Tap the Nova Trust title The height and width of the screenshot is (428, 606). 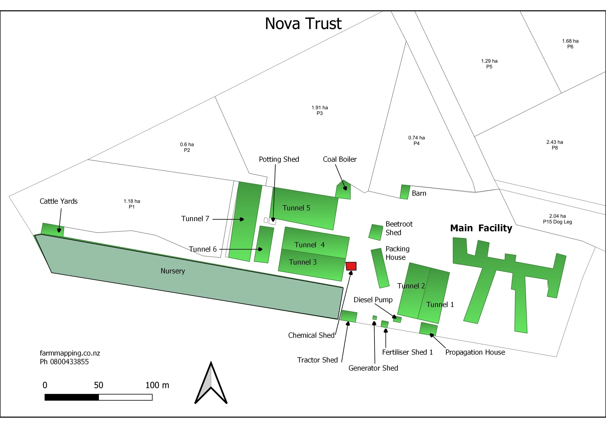pos(303,24)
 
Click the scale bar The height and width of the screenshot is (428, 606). pos(98,397)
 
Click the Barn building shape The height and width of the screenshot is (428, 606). pos(405,192)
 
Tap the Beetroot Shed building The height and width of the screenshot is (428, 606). pos(375,232)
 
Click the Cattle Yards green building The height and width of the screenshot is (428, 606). pos(52,229)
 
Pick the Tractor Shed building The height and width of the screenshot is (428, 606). pos(349,316)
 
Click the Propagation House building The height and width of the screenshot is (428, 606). pos(428,329)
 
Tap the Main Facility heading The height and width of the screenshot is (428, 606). pos(481,228)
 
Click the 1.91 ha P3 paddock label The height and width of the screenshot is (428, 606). pos(320,110)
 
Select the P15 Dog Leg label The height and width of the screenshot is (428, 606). pos(557,222)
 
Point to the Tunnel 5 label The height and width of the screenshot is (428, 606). pos(296,208)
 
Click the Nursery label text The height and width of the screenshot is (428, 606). pos(173,271)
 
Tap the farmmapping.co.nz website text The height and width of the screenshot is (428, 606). pos(70,353)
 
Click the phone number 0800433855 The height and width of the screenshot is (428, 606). pos(69,362)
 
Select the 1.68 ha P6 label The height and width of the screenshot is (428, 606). pos(570,44)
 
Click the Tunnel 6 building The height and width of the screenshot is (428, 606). pos(264,244)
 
